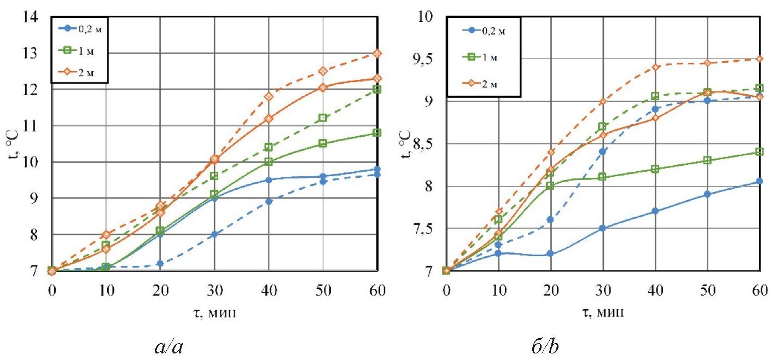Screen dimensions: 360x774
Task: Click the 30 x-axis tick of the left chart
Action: pyautogui.click(x=214, y=289)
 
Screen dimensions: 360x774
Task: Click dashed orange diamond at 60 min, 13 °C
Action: pyautogui.click(x=377, y=53)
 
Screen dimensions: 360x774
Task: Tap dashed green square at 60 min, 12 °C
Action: pyautogui.click(x=377, y=89)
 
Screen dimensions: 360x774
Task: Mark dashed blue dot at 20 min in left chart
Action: pyautogui.click(x=160, y=264)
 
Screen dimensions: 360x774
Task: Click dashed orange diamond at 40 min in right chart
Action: pyautogui.click(x=655, y=67)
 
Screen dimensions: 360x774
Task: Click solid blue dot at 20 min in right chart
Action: pyautogui.click(x=550, y=254)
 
